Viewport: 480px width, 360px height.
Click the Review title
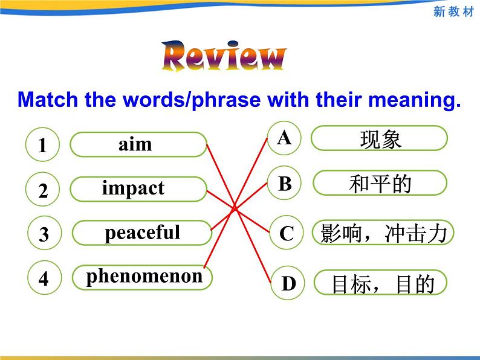[224, 56]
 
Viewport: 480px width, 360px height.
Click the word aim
[135, 144]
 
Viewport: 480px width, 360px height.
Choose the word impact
[133, 188]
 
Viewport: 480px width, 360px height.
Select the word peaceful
[142, 233]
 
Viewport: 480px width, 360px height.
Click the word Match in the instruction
[48, 100]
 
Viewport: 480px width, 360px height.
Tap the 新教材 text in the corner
[453, 11]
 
